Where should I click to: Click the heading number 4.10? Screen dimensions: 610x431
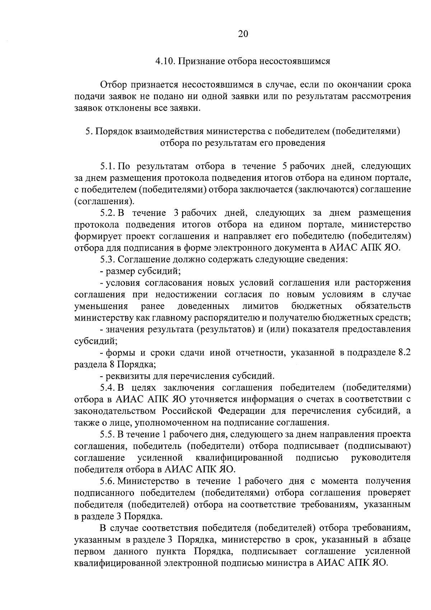[x=165, y=61]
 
